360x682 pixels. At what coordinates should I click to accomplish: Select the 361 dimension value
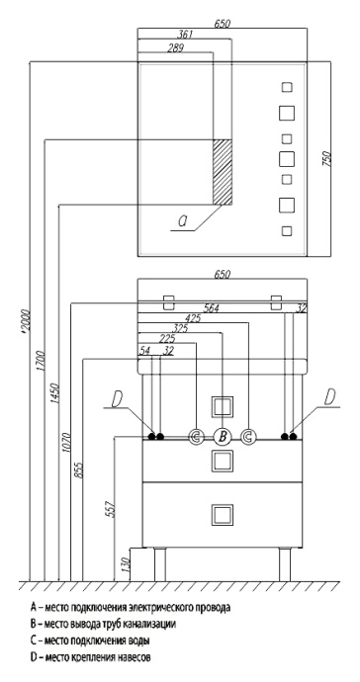185,35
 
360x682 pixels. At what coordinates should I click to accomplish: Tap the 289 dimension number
175,46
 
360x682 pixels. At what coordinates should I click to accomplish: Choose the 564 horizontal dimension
236,306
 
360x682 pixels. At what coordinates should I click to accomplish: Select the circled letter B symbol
224,436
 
